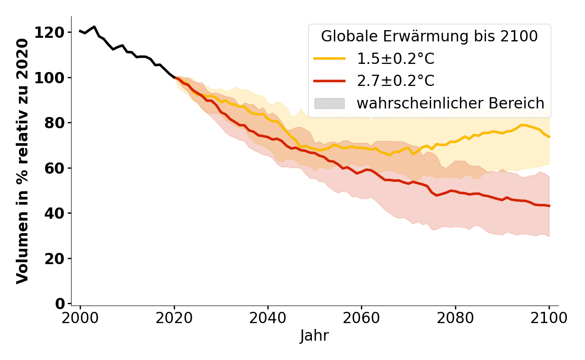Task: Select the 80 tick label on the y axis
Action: coord(54,122)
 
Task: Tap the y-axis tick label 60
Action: coord(54,168)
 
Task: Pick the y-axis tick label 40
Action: coord(54,213)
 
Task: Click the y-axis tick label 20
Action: coord(54,258)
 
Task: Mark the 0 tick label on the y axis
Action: coord(60,304)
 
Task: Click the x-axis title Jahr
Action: coord(315,336)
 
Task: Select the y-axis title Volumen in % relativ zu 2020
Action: coord(22,161)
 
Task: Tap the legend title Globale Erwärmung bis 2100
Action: coord(429,36)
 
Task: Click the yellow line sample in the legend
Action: coord(329,58)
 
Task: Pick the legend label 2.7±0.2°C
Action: coord(396,81)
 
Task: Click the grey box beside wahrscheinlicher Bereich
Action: coord(329,103)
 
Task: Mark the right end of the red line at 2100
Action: coord(549,206)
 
